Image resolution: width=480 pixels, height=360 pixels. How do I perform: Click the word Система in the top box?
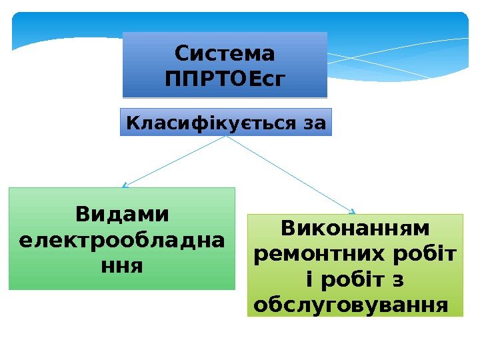(225, 53)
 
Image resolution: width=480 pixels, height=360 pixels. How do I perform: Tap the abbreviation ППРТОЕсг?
(225, 79)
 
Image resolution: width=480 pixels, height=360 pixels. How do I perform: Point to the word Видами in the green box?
(122, 215)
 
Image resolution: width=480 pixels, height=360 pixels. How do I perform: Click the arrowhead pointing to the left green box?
(125, 186)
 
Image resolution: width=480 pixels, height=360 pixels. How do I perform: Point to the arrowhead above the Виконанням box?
(353, 212)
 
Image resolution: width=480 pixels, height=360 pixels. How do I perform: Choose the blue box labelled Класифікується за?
(225, 123)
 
